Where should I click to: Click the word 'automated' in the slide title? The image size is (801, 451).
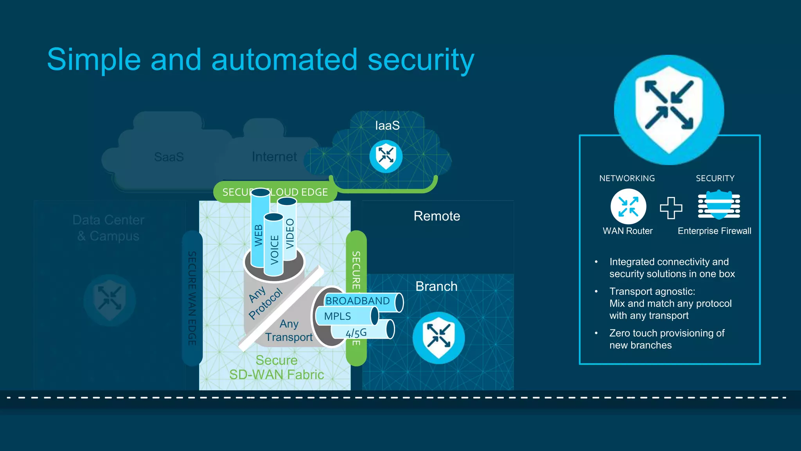coord(284,60)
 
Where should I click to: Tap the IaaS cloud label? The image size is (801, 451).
coord(387,126)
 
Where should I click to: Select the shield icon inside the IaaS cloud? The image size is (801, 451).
coord(386,156)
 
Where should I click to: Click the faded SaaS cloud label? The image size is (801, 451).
coord(169,157)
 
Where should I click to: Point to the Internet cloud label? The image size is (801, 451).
coord(274,157)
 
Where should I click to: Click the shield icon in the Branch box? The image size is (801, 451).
coord(438,337)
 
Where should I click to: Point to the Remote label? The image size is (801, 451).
coord(437,216)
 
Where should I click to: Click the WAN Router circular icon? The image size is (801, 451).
coord(628,207)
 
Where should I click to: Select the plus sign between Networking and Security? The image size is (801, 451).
coord(671,207)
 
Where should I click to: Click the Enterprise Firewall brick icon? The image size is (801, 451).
coord(719,205)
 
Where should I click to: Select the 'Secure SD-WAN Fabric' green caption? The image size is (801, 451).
coord(277,367)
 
